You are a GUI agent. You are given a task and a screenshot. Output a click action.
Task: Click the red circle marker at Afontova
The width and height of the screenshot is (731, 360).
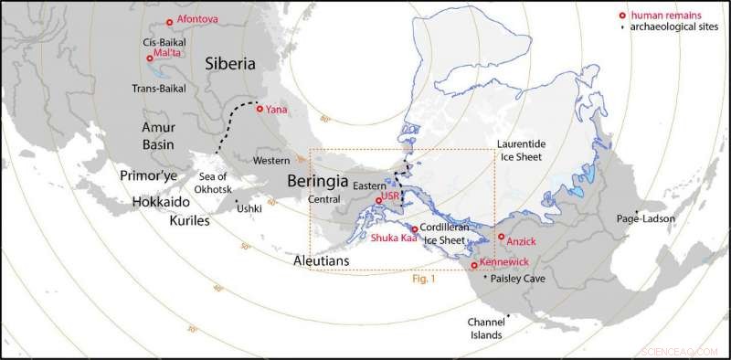point(169,23)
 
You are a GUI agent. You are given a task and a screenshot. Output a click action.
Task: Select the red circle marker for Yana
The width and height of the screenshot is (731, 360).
point(260,109)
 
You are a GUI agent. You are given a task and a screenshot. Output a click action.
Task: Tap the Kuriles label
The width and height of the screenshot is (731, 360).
point(188,221)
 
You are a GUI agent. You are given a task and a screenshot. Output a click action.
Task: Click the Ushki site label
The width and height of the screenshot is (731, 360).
point(249,208)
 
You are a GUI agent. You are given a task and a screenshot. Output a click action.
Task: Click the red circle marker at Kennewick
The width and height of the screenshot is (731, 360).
point(472,265)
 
